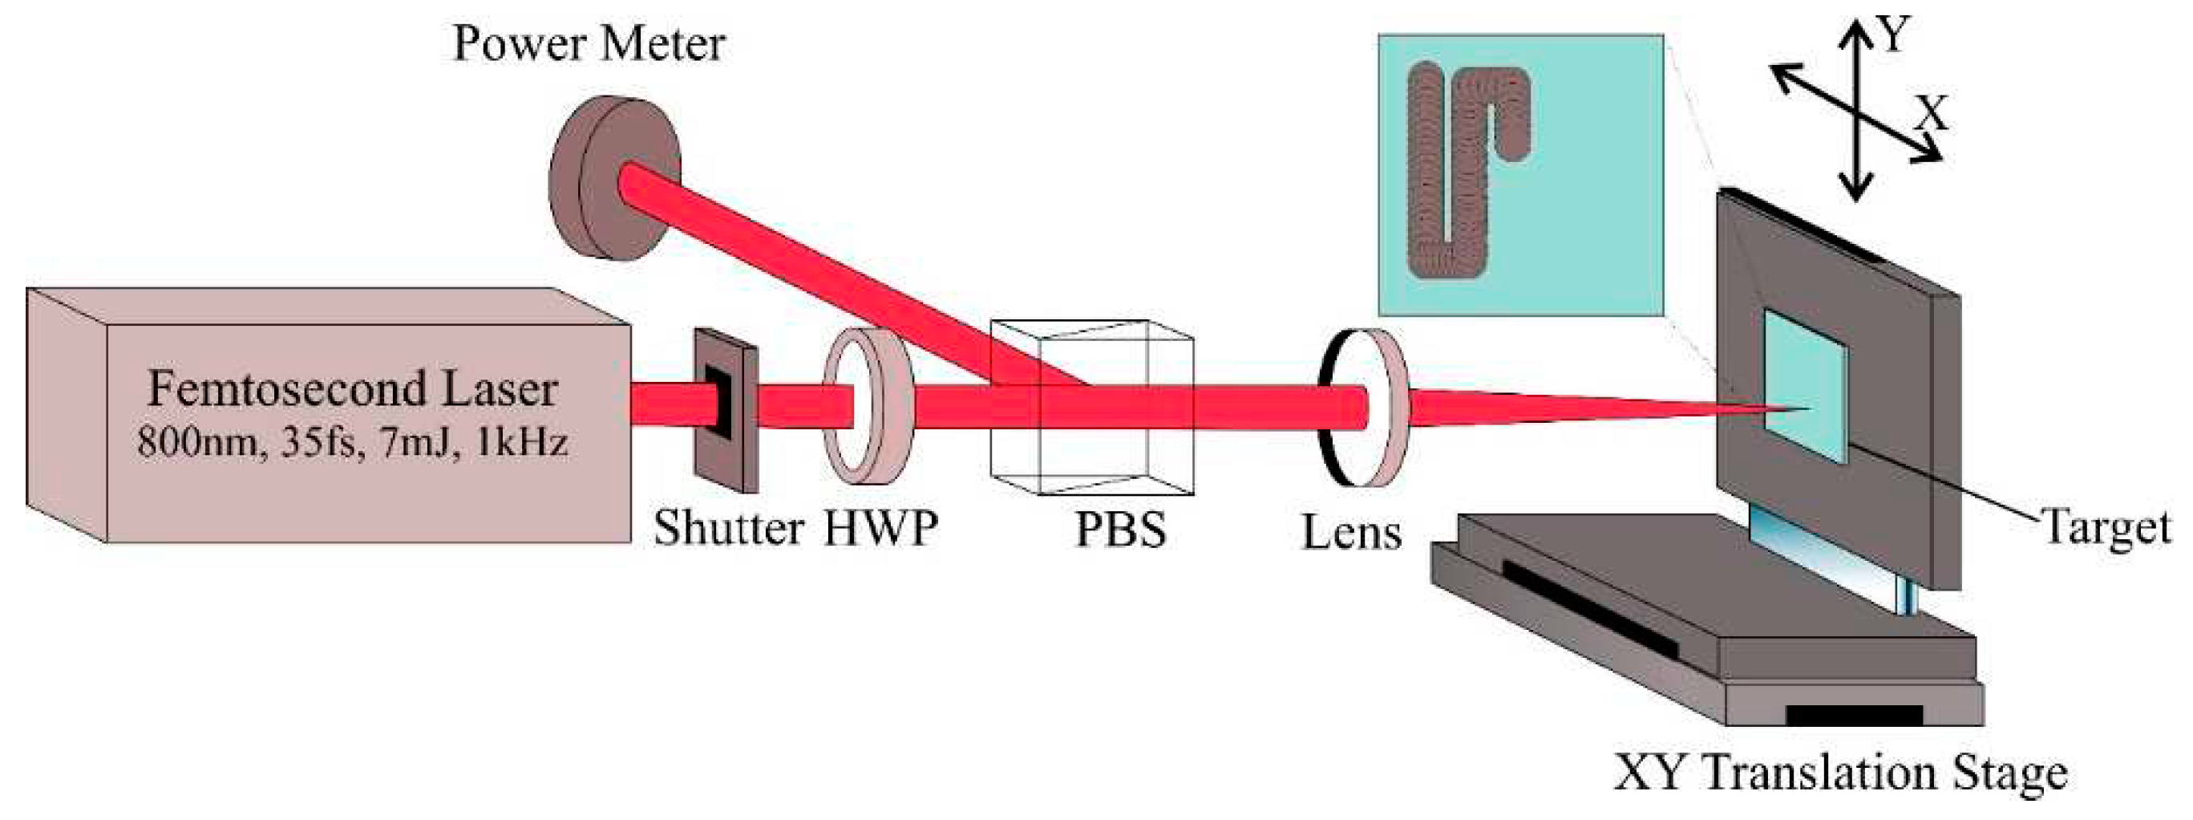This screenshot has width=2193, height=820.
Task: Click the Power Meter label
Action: (589, 44)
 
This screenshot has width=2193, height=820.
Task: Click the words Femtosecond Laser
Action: (353, 390)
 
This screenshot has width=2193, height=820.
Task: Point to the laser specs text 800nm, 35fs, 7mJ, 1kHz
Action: (353, 443)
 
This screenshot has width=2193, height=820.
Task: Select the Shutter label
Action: (728, 528)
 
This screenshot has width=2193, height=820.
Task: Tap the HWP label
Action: (880, 528)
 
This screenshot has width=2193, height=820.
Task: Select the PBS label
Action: (1120, 530)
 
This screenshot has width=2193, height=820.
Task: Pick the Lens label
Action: (1351, 533)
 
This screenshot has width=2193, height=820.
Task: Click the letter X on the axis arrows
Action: (1931, 113)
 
